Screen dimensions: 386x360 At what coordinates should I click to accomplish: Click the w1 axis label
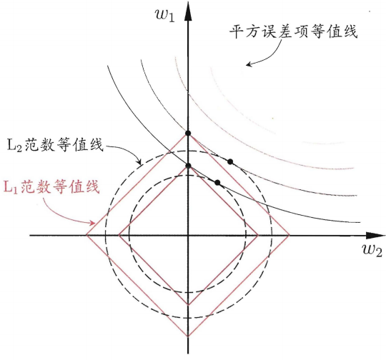pos(165,15)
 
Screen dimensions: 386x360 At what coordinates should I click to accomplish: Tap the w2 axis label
pos(372,250)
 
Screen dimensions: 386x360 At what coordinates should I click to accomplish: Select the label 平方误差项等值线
pos(293,31)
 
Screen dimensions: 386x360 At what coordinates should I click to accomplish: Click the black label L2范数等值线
pos(54,145)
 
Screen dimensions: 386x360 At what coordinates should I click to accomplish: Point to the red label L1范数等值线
pos(51,186)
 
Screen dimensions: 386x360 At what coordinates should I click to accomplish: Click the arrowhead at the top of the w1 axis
pos(188,12)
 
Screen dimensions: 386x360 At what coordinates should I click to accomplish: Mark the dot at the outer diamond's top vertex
pos(188,134)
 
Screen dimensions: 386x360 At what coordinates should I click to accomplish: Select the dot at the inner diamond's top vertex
pos(188,166)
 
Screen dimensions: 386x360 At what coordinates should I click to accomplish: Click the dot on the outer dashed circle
pos(230,161)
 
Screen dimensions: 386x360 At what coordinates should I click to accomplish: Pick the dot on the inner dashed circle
pos(217,183)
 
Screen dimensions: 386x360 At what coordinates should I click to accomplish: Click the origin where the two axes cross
pos(188,236)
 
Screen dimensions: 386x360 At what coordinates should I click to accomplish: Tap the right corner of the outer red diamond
pos(289,236)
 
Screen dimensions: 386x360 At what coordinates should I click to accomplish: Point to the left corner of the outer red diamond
pos(86,236)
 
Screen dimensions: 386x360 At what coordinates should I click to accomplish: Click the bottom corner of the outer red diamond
pos(188,336)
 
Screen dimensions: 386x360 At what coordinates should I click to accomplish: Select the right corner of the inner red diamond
pos(258,236)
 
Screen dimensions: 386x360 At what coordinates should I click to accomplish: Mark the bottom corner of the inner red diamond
pos(188,305)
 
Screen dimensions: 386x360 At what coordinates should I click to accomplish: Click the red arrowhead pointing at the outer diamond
pos(92,223)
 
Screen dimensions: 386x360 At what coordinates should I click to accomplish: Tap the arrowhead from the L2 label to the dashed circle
pos(139,162)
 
